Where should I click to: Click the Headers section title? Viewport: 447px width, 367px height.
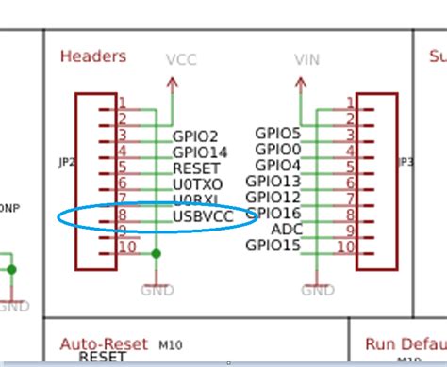(x=92, y=56)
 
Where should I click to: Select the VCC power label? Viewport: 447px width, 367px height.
(x=180, y=59)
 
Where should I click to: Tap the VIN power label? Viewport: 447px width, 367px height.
(x=307, y=59)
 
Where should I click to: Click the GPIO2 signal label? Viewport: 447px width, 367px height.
(x=195, y=136)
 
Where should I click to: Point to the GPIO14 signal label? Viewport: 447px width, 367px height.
(x=199, y=152)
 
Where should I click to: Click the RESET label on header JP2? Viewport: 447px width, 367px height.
(x=196, y=168)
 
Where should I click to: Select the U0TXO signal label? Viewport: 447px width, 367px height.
(x=198, y=184)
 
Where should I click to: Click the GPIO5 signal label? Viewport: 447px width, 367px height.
(x=278, y=133)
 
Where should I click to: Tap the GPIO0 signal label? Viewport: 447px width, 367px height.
(x=278, y=149)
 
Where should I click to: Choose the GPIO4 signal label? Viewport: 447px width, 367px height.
(x=278, y=165)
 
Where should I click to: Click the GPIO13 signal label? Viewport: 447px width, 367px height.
(x=273, y=181)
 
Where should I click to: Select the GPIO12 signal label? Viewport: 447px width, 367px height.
(x=273, y=197)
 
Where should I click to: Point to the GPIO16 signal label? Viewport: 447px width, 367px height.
(x=273, y=213)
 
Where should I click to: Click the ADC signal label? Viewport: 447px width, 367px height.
(x=286, y=229)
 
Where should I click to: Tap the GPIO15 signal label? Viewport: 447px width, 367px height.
(x=273, y=246)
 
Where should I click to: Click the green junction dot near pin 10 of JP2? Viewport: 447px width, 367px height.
(x=156, y=253)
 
